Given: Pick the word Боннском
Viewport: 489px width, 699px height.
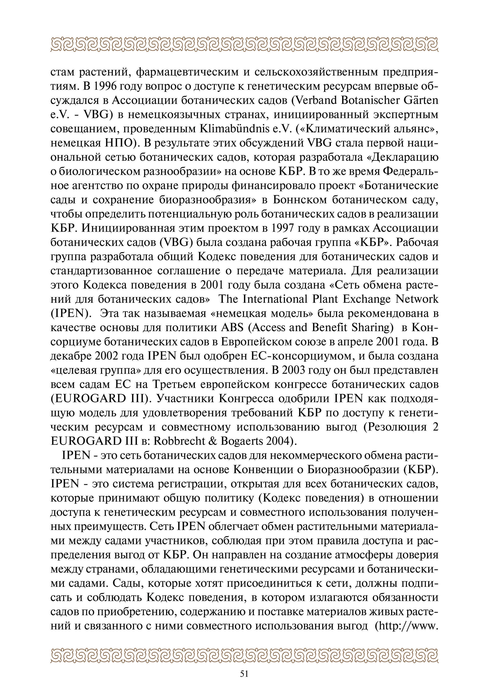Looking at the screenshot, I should [300, 200].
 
